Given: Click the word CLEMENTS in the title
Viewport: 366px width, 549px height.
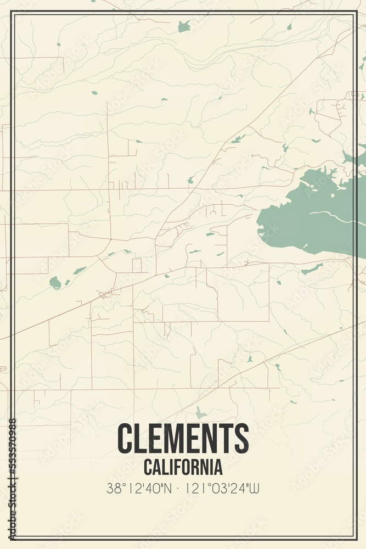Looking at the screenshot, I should pos(183,438).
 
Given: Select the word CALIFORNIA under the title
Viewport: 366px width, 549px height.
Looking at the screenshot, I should pos(183,467).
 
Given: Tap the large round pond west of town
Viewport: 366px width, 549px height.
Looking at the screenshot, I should pos(55,283).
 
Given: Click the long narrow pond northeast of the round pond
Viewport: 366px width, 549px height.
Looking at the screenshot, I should pos(80,270).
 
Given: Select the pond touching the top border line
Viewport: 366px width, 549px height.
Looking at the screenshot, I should pos(184,26).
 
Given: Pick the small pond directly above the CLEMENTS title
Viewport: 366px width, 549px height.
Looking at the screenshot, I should pos(201,413).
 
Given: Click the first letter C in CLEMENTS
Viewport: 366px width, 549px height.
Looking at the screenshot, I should pos(125,438).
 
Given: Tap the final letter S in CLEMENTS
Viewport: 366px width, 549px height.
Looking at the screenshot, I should pos(242,438).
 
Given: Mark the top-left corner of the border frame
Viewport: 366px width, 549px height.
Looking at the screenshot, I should pos(12,12).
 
